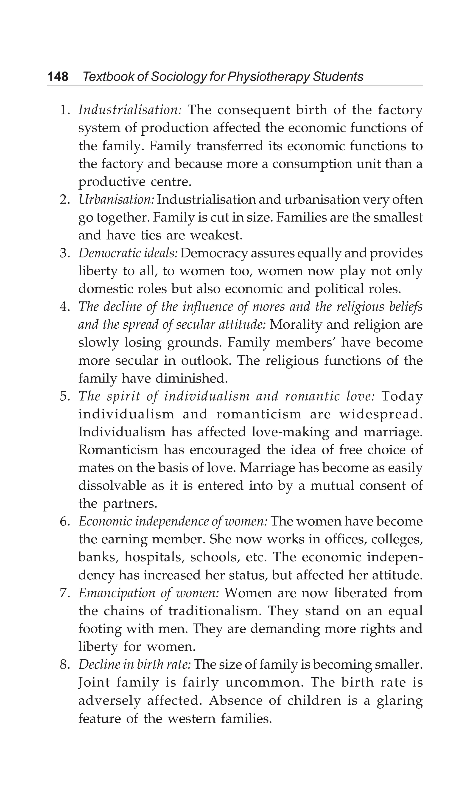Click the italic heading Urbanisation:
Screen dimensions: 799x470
coord(116,200)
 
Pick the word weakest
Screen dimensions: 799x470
coord(216,235)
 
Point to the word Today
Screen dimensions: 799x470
coord(402,396)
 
